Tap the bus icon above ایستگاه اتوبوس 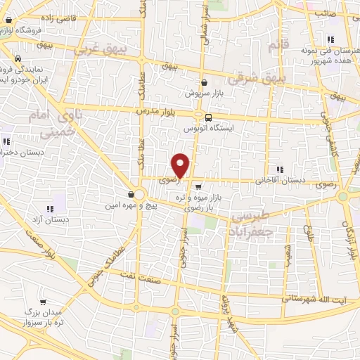click(207, 117)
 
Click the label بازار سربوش click(203, 93)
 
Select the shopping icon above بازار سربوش click(203, 82)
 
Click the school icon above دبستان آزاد click(50, 209)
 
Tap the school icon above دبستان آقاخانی click(281, 169)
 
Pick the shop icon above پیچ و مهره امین click(131, 194)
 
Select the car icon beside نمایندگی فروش click(18, 59)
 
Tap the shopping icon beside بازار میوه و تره click(199, 187)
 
